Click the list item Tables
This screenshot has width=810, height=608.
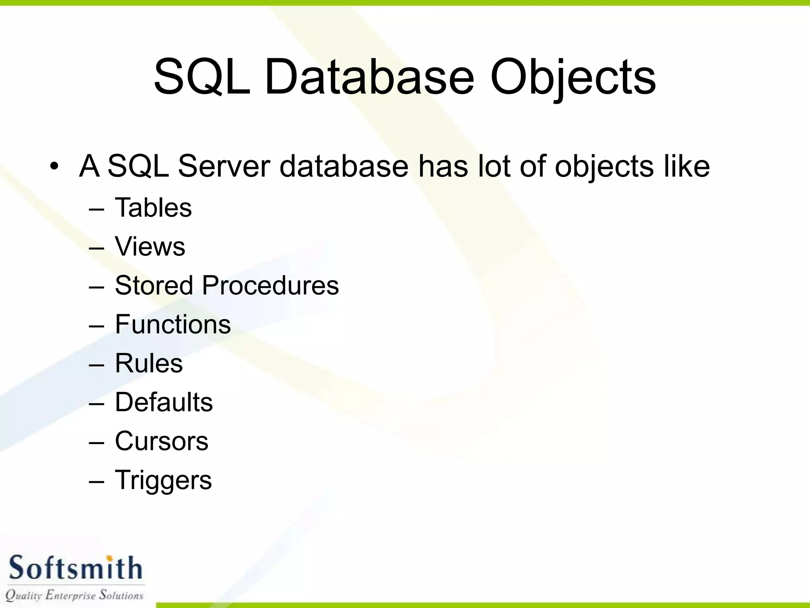(x=153, y=207)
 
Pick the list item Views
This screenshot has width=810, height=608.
(x=150, y=246)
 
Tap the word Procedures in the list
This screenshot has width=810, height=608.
(x=270, y=285)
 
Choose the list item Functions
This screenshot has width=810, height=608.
(x=173, y=324)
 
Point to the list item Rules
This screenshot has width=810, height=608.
(x=149, y=363)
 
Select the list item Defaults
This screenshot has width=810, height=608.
(x=164, y=402)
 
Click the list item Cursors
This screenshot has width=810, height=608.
(x=161, y=441)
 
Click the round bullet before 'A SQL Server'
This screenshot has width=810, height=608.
(x=54, y=166)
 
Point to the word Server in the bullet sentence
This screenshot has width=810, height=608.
(x=224, y=166)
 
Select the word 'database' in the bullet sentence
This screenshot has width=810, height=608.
(x=344, y=166)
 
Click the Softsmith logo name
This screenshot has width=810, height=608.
(x=75, y=568)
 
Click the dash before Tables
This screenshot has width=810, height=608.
(x=97, y=209)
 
